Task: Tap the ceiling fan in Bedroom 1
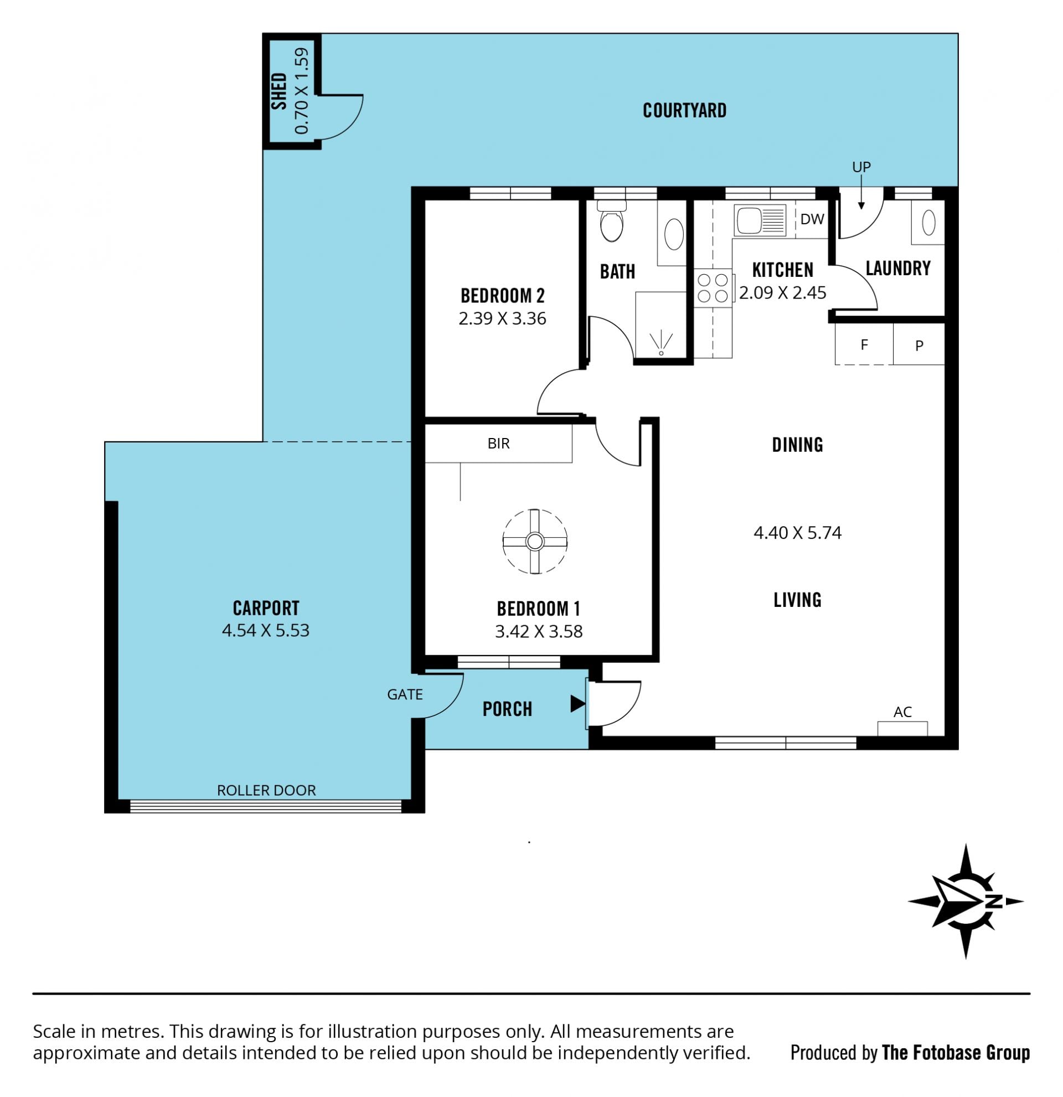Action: click(535, 541)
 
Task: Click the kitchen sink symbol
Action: click(760, 219)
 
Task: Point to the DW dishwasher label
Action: click(812, 219)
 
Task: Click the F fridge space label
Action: click(864, 345)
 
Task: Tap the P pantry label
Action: click(918, 346)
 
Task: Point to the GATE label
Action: click(405, 694)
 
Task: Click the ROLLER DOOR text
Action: click(266, 790)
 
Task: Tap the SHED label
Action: click(278, 91)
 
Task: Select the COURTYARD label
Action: click(684, 110)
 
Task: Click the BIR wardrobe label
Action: click(498, 443)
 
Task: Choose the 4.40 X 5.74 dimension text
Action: click(797, 532)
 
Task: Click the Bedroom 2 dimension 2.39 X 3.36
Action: click(502, 318)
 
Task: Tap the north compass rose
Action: click(966, 902)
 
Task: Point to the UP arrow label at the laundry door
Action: click(861, 167)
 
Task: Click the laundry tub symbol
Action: click(928, 223)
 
